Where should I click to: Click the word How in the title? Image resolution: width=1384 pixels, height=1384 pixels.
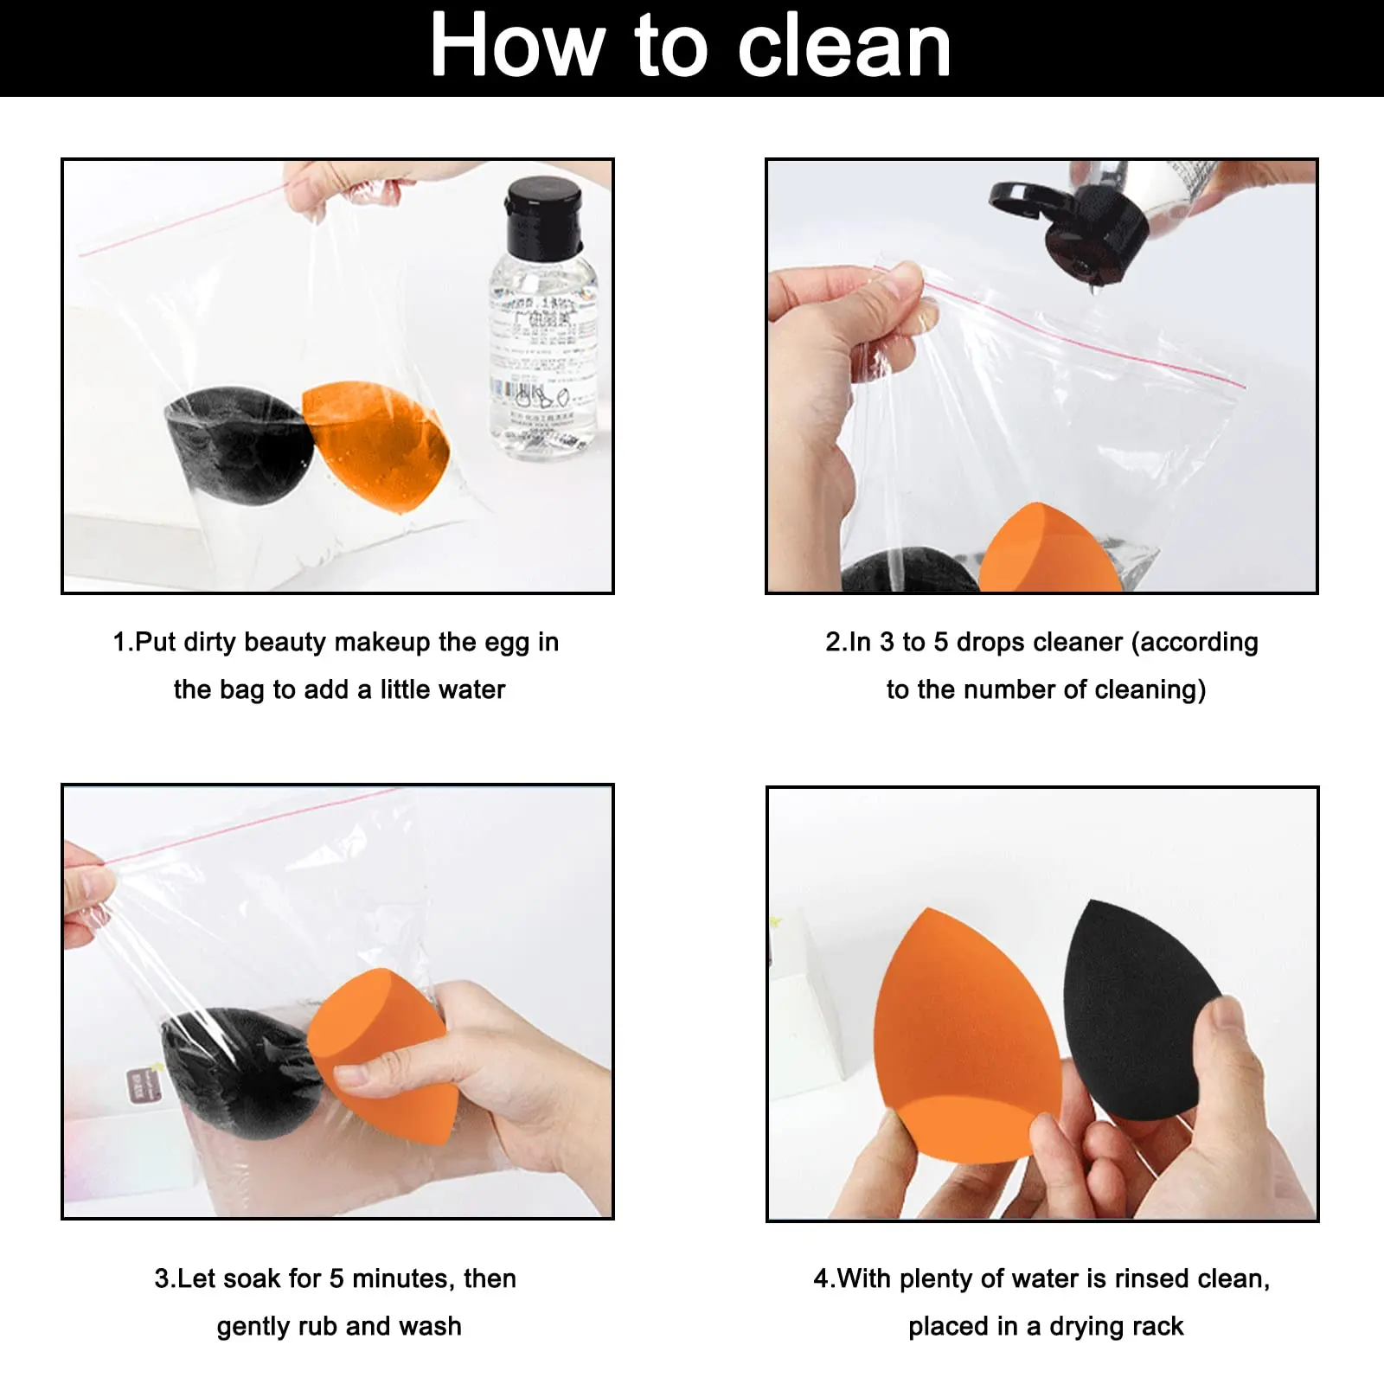coord(516,48)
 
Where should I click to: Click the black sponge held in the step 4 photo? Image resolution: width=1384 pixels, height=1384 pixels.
coord(1133,1003)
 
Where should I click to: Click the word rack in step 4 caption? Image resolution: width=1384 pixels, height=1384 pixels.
coord(1160,1327)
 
